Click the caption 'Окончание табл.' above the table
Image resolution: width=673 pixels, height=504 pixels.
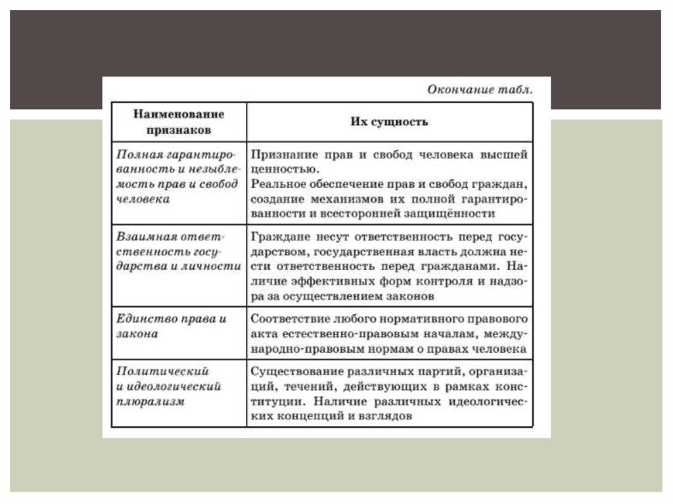(479, 89)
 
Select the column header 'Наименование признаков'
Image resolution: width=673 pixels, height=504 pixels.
(179, 122)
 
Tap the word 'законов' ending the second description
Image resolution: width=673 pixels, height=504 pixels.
(412, 296)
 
